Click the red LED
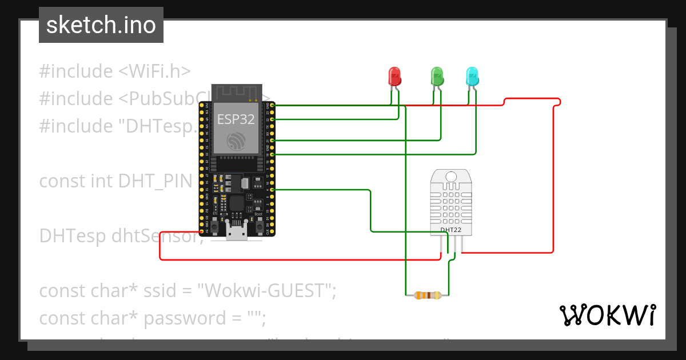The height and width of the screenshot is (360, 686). (x=394, y=76)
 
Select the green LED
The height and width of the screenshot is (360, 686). (x=437, y=76)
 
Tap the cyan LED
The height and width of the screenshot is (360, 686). (x=472, y=76)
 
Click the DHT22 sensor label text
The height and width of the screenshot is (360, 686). (x=451, y=230)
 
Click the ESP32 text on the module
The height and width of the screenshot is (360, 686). (x=236, y=119)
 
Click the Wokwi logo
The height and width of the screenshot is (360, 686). (x=607, y=315)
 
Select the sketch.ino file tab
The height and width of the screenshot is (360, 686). (x=101, y=25)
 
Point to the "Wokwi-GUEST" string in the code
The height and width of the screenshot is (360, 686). (x=266, y=290)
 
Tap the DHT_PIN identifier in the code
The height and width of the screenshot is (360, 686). (x=154, y=181)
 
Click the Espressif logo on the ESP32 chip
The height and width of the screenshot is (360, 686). (x=235, y=141)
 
